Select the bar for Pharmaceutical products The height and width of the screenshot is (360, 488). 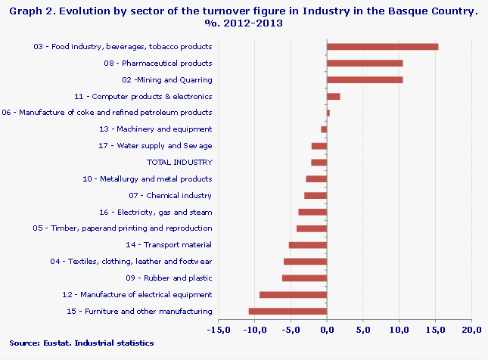pyautogui.click(x=364, y=64)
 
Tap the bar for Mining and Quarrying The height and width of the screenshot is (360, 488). pyautogui.click(x=364, y=80)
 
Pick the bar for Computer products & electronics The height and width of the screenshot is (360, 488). pyautogui.click(x=333, y=97)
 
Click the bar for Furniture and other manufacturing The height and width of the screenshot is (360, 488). pyautogui.click(x=288, y=311)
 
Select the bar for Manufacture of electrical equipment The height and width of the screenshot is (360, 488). pyautogui.click(x=293, y=295)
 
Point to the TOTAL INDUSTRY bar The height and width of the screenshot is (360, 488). pyautogui.click(x=319, y=163)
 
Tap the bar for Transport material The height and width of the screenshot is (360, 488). pyautogui.click(x=307, y=245)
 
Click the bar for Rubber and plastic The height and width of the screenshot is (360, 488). pyautogui.click(x=304, y=278)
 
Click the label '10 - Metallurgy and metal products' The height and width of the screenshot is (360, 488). pyautogui.click(x=146, y=179)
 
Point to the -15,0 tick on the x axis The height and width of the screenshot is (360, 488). pyautogui.click(x=218, y=330)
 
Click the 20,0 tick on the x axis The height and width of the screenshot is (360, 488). pyautogui.click(x=471, y=330)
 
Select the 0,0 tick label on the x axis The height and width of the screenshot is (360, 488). pyautogui.click(x=327, y=330)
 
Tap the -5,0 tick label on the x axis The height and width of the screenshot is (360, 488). pyautogui.click(x=290, y=330)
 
